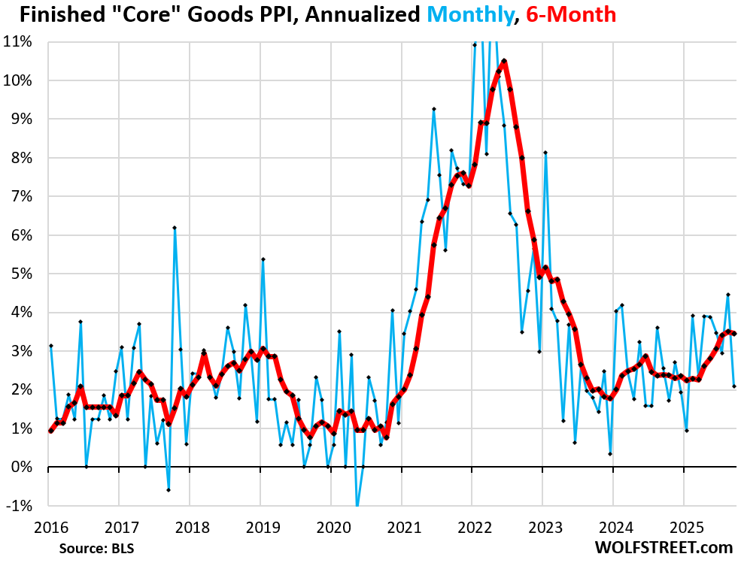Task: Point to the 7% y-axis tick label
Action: coord(20,196)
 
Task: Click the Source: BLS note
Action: coord(92,548)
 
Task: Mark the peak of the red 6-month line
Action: coord(504,61)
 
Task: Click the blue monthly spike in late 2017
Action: coord(175,227)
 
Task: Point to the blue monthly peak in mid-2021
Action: coord(434,109)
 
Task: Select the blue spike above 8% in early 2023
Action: coord(545,153)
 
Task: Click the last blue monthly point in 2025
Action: coord(734,386)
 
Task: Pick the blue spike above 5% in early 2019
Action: coord(263,259)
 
